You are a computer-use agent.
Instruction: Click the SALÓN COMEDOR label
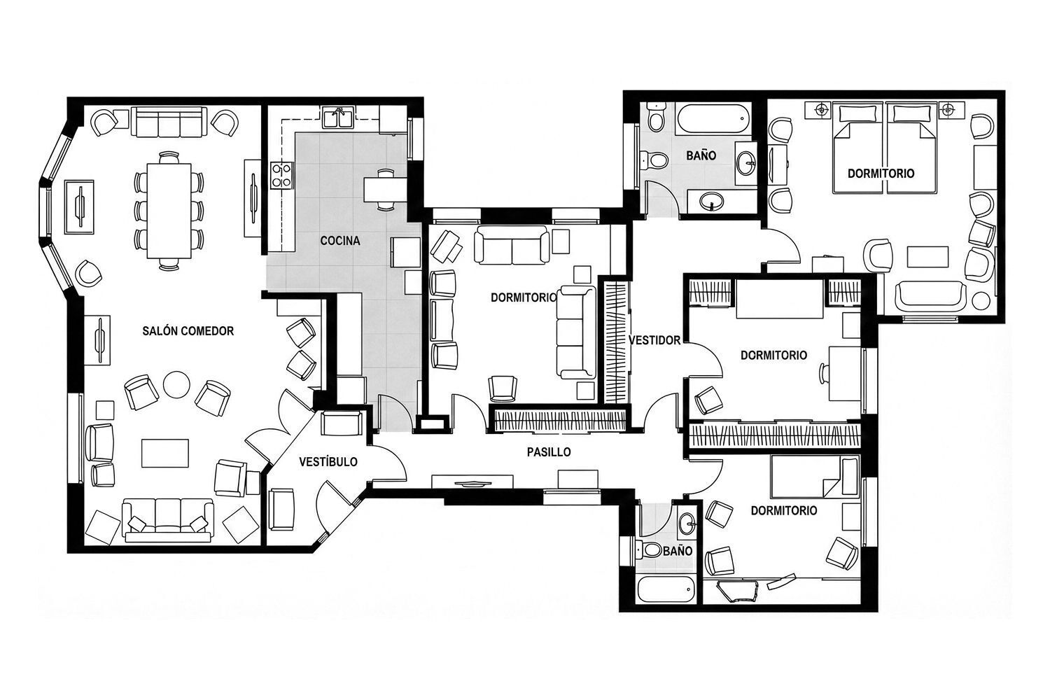(x=188, y=331)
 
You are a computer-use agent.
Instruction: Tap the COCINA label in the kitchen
(x=340, y=241)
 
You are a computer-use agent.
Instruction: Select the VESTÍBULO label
(x=328, y=462)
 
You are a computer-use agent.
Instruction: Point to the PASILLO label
(x=549, y=452)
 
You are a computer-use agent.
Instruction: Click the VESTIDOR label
(x=654, y=340)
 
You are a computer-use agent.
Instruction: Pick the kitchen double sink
(x=338, y=117)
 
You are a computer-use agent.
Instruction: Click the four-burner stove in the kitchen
(x=281, y=176)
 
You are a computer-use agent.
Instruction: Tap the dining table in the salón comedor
(x=169, y=211)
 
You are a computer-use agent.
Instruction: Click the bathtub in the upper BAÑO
(x=713, y=120)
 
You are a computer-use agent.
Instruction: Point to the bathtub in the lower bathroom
(x=665, y=591)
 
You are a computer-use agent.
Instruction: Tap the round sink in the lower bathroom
(x=687, y=521)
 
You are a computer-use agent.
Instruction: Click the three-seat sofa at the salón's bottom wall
(x=168, y=519)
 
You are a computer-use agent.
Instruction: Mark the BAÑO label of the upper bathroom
(x=701, y=155)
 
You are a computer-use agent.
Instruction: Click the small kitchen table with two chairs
(x=385, y=190)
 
